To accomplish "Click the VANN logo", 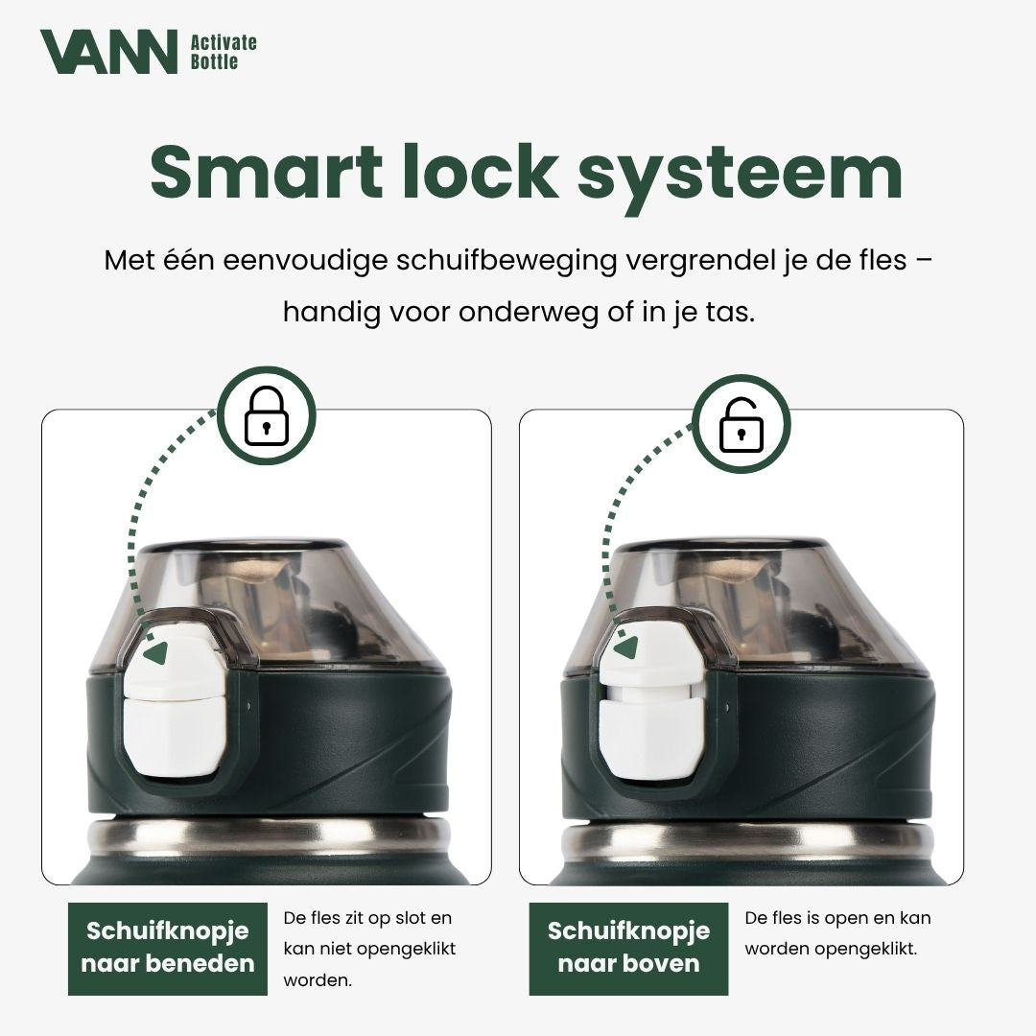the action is point(109,51).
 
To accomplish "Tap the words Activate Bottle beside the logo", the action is point(224,52).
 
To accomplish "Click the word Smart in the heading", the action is point(266,171).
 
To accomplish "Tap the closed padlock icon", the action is point(267,415).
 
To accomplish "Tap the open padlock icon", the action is point(741,424).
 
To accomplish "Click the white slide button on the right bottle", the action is point(650,700).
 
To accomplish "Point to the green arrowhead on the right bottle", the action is point(627,647).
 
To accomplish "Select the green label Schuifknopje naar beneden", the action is point(168,948).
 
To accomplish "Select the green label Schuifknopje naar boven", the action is point(628,948).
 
